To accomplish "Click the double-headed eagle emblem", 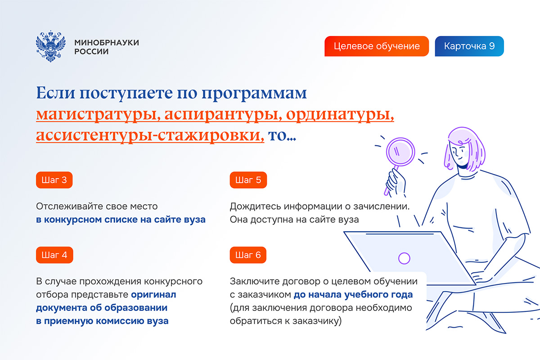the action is [x=50, y=46].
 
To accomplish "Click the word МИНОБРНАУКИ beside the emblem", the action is [x=107, y=42].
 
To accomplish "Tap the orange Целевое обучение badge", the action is [x=377, y=46].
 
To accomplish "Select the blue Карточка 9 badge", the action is [x=469, y=46].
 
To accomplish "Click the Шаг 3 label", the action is [x=54, y=180].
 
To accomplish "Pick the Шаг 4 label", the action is [x=54, y=255].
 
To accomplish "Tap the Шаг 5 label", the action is [x=248, y=180].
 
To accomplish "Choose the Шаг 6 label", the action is [x=248, y=255].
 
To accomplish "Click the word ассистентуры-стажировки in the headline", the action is [x=150, y=135].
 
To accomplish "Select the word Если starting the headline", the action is [x=55, y=93].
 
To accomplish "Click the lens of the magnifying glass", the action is [x=400, y=152].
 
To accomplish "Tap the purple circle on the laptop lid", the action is [x=404, y=258].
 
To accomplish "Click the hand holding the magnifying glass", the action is [x=396, y=182].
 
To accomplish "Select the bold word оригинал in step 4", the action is [x=153, y=295].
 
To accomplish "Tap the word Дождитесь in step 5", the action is [x=255, y=207].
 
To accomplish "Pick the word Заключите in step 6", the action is [x=254, y=281].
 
